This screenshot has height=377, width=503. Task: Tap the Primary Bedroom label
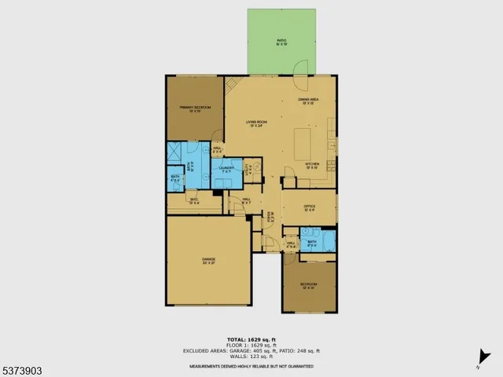[x=195, y=108]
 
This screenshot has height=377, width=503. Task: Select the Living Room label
[x=257, y=123]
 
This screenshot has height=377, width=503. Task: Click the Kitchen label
[x=312, y=166]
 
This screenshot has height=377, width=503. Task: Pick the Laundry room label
[x=227, y=170]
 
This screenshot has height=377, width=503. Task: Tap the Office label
[x=309, y=208]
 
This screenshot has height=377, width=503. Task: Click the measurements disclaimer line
[x=251, y=366]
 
